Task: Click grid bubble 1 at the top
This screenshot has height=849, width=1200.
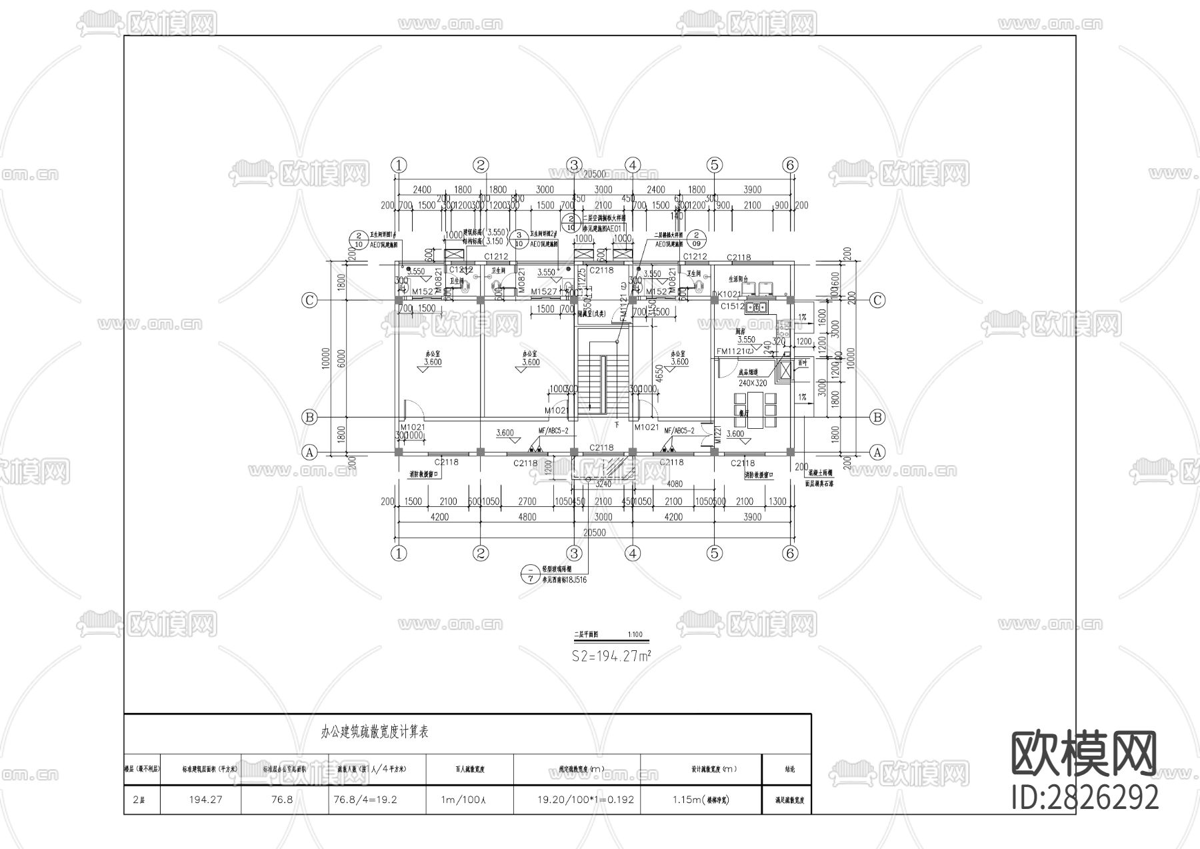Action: point(399,165)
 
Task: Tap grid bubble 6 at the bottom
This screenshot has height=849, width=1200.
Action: point(790,553)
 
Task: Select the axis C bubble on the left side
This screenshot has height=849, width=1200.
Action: point(309,301)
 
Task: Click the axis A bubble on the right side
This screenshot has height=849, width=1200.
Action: point(877,452)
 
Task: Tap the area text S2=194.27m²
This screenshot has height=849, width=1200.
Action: point(611,656)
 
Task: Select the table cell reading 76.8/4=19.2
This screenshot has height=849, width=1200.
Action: point(364,800)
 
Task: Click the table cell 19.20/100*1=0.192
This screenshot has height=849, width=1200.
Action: point(577,800)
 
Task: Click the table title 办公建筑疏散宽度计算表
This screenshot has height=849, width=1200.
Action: point(375,732)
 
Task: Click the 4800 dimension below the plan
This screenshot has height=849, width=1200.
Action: point(527,517)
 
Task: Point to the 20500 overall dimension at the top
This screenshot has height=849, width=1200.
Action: point(595,174)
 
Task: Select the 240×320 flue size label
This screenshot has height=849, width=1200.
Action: point(753,383)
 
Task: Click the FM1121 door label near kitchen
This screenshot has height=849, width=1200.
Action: point(733,351)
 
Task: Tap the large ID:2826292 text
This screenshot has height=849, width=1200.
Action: point(1085,797)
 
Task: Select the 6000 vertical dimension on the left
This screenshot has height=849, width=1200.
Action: point(341,358)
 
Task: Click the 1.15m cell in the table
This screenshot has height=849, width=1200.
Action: point(700,800)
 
